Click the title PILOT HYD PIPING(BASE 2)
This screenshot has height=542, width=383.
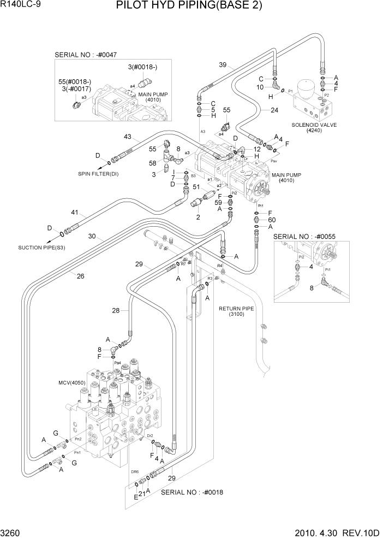coord(189,7)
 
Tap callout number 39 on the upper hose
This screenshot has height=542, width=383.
coord(223,66)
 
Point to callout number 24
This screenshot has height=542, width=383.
coord(274,110)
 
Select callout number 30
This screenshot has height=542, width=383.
coord(92,237)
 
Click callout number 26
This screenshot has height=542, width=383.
coord(80,276)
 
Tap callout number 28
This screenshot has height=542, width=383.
coord(116,310)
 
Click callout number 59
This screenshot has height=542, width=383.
coord(217,202)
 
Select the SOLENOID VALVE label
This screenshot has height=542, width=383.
coord(314,125)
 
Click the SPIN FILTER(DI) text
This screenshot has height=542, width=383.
coord(98,174)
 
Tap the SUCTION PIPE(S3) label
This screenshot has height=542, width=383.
coord(41,247)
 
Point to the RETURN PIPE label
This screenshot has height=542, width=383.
coord(236,309)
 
